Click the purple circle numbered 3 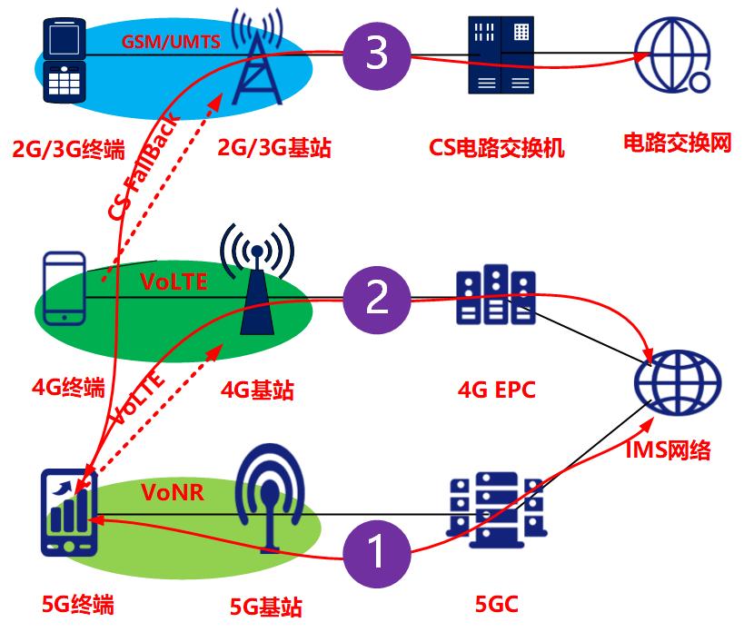tap(376, 54)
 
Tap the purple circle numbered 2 tap(376, 298)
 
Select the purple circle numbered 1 tap(375, 549)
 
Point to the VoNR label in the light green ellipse tap(173, 492)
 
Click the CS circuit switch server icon tap(499, 55)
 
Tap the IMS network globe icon tap(677, 382)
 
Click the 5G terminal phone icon tap(69, 513)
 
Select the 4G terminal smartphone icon tap(64, 288)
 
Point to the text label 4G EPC tap(496, 390)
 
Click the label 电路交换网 tap(677, 143)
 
